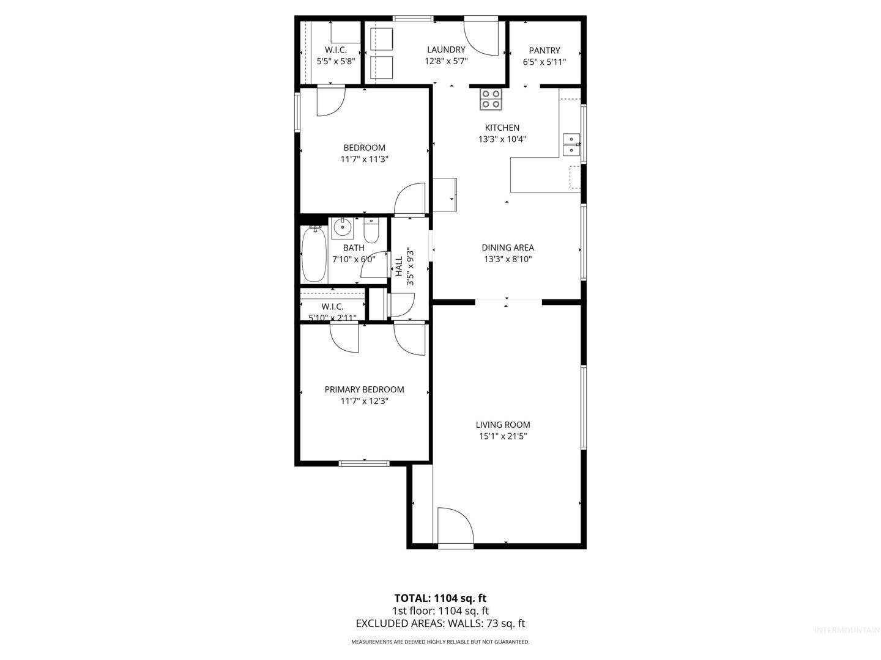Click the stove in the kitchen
(x=491, y=99)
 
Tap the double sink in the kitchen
(x=571, y=145)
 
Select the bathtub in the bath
(x=314, y=254)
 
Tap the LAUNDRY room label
(x=446, y=50)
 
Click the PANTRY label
(x=545, y=51)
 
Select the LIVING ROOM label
(x=503, y=425)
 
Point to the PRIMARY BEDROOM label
(x=364, y=389)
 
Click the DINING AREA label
(x=508, y=248)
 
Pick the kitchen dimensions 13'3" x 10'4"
(x=502, y=139)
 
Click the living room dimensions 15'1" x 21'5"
(x=503, y=436)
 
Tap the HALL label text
(x=399, y=266)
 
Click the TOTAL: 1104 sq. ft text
(x=441, y=599)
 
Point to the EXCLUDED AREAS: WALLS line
(x=441, y=623)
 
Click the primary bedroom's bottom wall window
(x=364, y=464)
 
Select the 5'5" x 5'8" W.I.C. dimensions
(x=336, y=62)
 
